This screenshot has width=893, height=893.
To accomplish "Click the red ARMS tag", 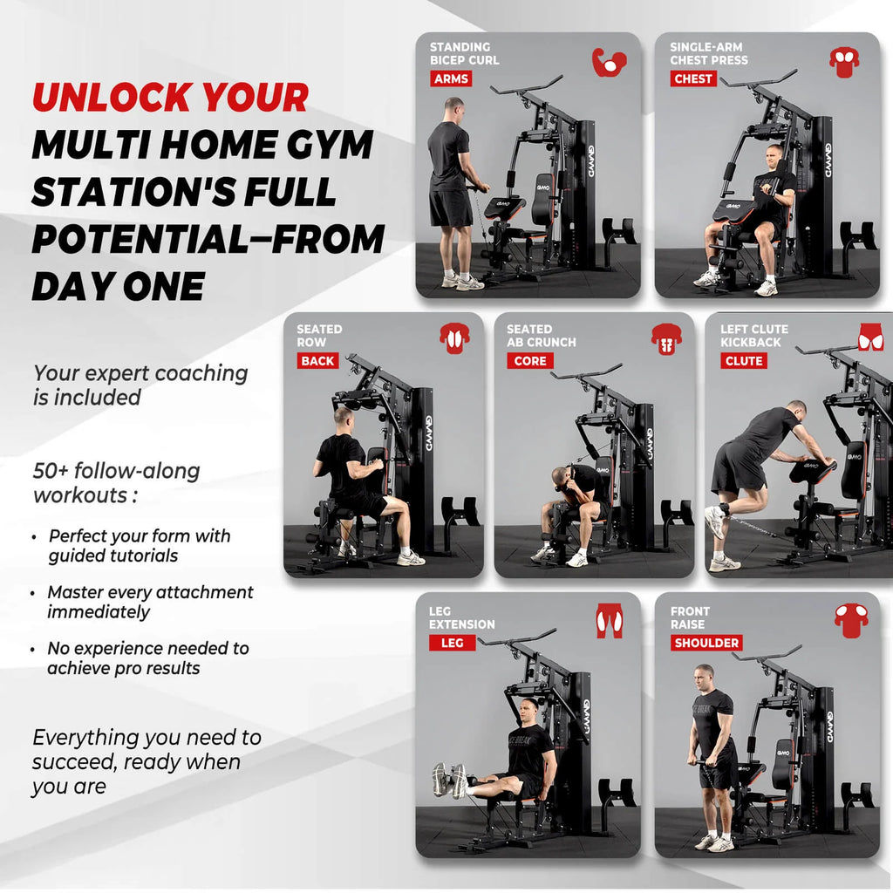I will tap(451, 78).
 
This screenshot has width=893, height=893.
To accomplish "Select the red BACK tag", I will tap(317, 360).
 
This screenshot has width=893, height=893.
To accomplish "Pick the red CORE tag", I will tap(529, 360).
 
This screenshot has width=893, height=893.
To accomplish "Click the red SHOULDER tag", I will tap(706, 643).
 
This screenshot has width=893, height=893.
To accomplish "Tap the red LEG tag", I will tap(452, 643).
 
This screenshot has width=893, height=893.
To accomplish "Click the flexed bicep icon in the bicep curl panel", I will tap(609, 62).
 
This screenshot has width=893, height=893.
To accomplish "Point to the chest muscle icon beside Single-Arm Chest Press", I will tap(843, 61).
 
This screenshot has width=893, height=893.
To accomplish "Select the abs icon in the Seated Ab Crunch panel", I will tap(666, 338).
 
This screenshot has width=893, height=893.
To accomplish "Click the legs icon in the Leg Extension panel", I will tap(609, 621).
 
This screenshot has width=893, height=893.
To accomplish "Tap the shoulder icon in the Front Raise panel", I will tap(850, 620).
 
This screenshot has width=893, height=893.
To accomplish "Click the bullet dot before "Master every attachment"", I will tap(34, 593).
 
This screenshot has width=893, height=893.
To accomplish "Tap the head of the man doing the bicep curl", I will tap(453, 108).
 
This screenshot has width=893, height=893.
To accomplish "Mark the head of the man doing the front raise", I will tap(704, 676).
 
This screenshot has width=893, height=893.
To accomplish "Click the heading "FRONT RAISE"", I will tap(690, 618).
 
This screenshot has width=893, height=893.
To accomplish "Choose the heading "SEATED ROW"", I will tap(318, 336).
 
